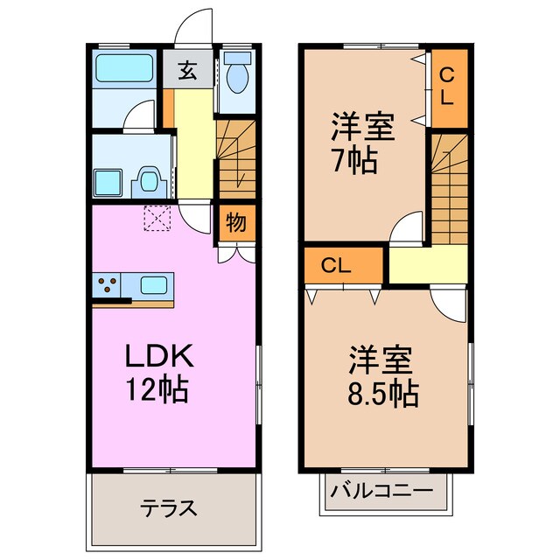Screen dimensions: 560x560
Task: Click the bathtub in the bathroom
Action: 122,68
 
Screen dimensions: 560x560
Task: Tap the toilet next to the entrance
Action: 237,77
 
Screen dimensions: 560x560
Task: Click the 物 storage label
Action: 236,221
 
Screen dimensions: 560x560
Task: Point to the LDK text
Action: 157,356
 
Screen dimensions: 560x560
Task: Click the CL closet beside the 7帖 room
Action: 445,86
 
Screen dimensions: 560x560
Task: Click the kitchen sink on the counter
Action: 155,284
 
